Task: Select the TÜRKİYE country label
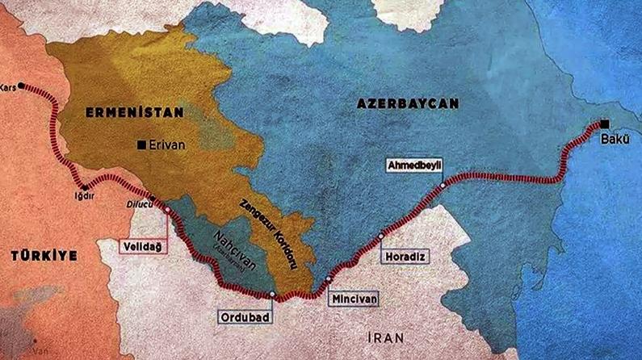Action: tap(44, 255)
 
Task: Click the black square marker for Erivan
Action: tap(142, 145)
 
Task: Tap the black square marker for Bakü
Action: tap(604, 124)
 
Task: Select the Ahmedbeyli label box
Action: tap(417, 164)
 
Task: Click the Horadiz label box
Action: tap(405, 255)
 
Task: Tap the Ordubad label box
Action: tap(254, 316)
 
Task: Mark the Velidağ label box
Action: tap(143, 244)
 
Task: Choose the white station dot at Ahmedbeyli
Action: tap(443, 186)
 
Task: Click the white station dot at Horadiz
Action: tap(381, 236)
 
